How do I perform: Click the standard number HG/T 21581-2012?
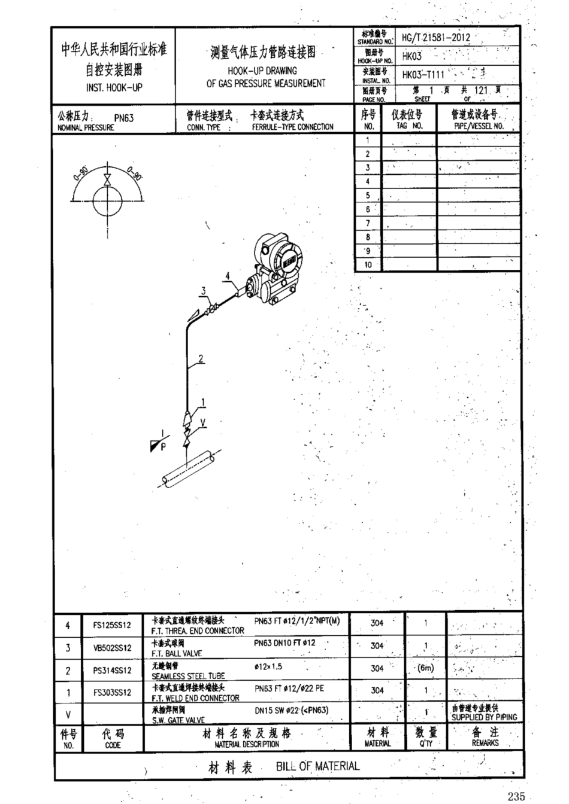[x=435, y=37]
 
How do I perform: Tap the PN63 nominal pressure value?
[x=124, y=118]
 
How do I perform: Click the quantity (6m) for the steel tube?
[x=425, y=668]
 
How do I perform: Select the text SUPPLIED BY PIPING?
[x=484, y=717]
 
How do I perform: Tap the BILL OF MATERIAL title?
[x=317, y=766]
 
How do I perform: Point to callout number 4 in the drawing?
[x=228, y=276]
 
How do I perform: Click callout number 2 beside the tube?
[x=201, y=359]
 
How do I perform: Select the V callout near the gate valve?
[x=203, y=422]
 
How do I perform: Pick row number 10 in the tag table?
[x=368, y=264]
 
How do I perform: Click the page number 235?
[x=515, y=796]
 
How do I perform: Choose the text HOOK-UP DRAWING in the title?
[x=266, y=71]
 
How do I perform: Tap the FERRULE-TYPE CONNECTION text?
[x=292, y=127]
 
